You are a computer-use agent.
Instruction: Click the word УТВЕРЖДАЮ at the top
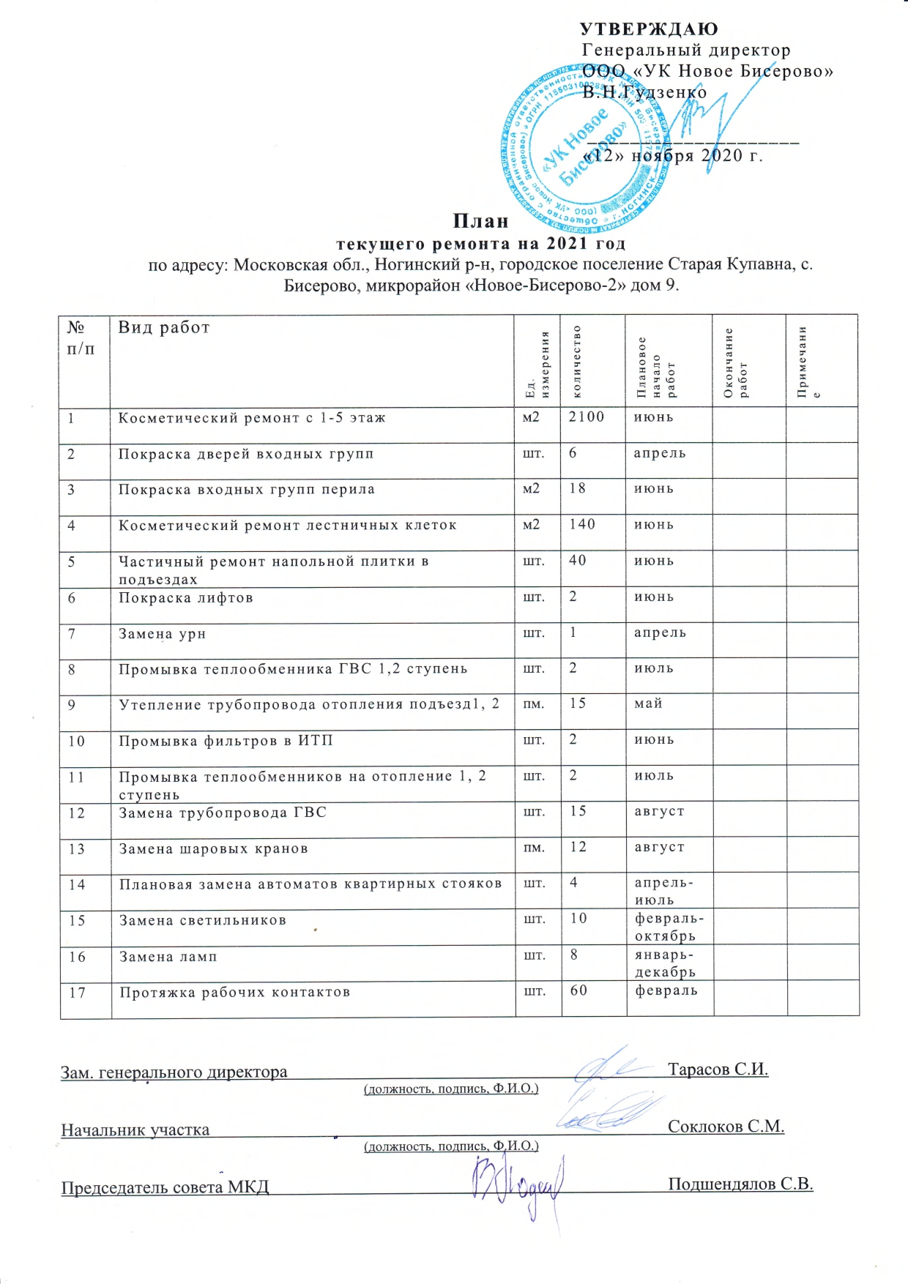[x=649, y=29]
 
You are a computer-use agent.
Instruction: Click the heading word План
[x=480, y=221]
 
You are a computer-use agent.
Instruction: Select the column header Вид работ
[x=164, y=327]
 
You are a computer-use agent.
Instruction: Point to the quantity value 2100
[x=587, y=417]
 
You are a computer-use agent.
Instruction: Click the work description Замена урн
[x=163, y=633]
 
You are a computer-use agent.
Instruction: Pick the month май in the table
[x=649, y=703]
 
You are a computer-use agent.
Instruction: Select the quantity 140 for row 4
[x=583, y=524]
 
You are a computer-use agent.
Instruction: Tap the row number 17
[x=78, y=993]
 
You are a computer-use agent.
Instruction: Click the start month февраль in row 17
[x=666, y=990]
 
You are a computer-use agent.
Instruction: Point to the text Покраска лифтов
[x=186, y=597]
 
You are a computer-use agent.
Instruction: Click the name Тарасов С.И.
[x=718, y=1070]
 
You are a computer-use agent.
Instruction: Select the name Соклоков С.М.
[x=726, y=1127]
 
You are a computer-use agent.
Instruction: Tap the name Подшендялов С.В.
[x=740, y=1184]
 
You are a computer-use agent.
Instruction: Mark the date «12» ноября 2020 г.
[x=673, y=156]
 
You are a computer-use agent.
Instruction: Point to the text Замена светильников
[x=203, y=920]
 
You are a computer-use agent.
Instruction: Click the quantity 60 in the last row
[x=579, y=990]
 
